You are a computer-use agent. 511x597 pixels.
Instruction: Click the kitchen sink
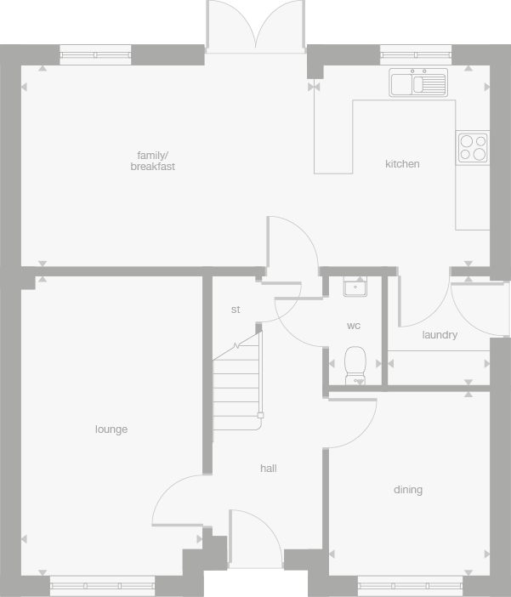pos(418,82)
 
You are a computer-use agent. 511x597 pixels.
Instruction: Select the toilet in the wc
pos(355,363)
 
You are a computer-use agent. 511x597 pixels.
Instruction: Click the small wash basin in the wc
pos(355,286)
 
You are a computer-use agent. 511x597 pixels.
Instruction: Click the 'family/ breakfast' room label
pos(153,161)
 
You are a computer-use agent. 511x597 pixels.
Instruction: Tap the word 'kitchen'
pos(402,164)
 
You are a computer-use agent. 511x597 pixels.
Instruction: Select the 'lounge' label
pos(111,429)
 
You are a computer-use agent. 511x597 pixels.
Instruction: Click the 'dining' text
pos(408,490)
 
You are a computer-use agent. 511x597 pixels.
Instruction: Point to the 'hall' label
pos(269,469)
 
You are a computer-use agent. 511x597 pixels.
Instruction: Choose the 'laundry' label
pos(440,335)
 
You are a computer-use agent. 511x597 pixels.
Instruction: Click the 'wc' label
pos(354,326)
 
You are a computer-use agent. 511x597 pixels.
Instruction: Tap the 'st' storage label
pos(236,310)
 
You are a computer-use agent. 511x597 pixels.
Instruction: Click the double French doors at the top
pos(256,26)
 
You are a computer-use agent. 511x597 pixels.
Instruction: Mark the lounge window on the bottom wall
pos(102,584)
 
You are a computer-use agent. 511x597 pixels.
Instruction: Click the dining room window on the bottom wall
pos(410,584)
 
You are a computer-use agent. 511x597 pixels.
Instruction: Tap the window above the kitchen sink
pos(417,54)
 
